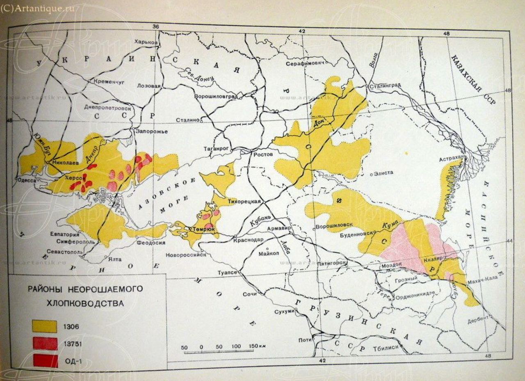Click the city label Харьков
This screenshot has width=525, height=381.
(146, 42)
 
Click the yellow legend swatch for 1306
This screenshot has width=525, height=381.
(45, 326)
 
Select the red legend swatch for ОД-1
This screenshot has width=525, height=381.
(45, 361)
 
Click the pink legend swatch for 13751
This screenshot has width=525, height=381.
(45, 343)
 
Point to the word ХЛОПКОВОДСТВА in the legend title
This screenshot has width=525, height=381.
(85, 304)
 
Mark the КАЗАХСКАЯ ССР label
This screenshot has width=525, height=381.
(472, 79)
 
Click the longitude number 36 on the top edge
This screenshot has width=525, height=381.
(155, 27)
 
